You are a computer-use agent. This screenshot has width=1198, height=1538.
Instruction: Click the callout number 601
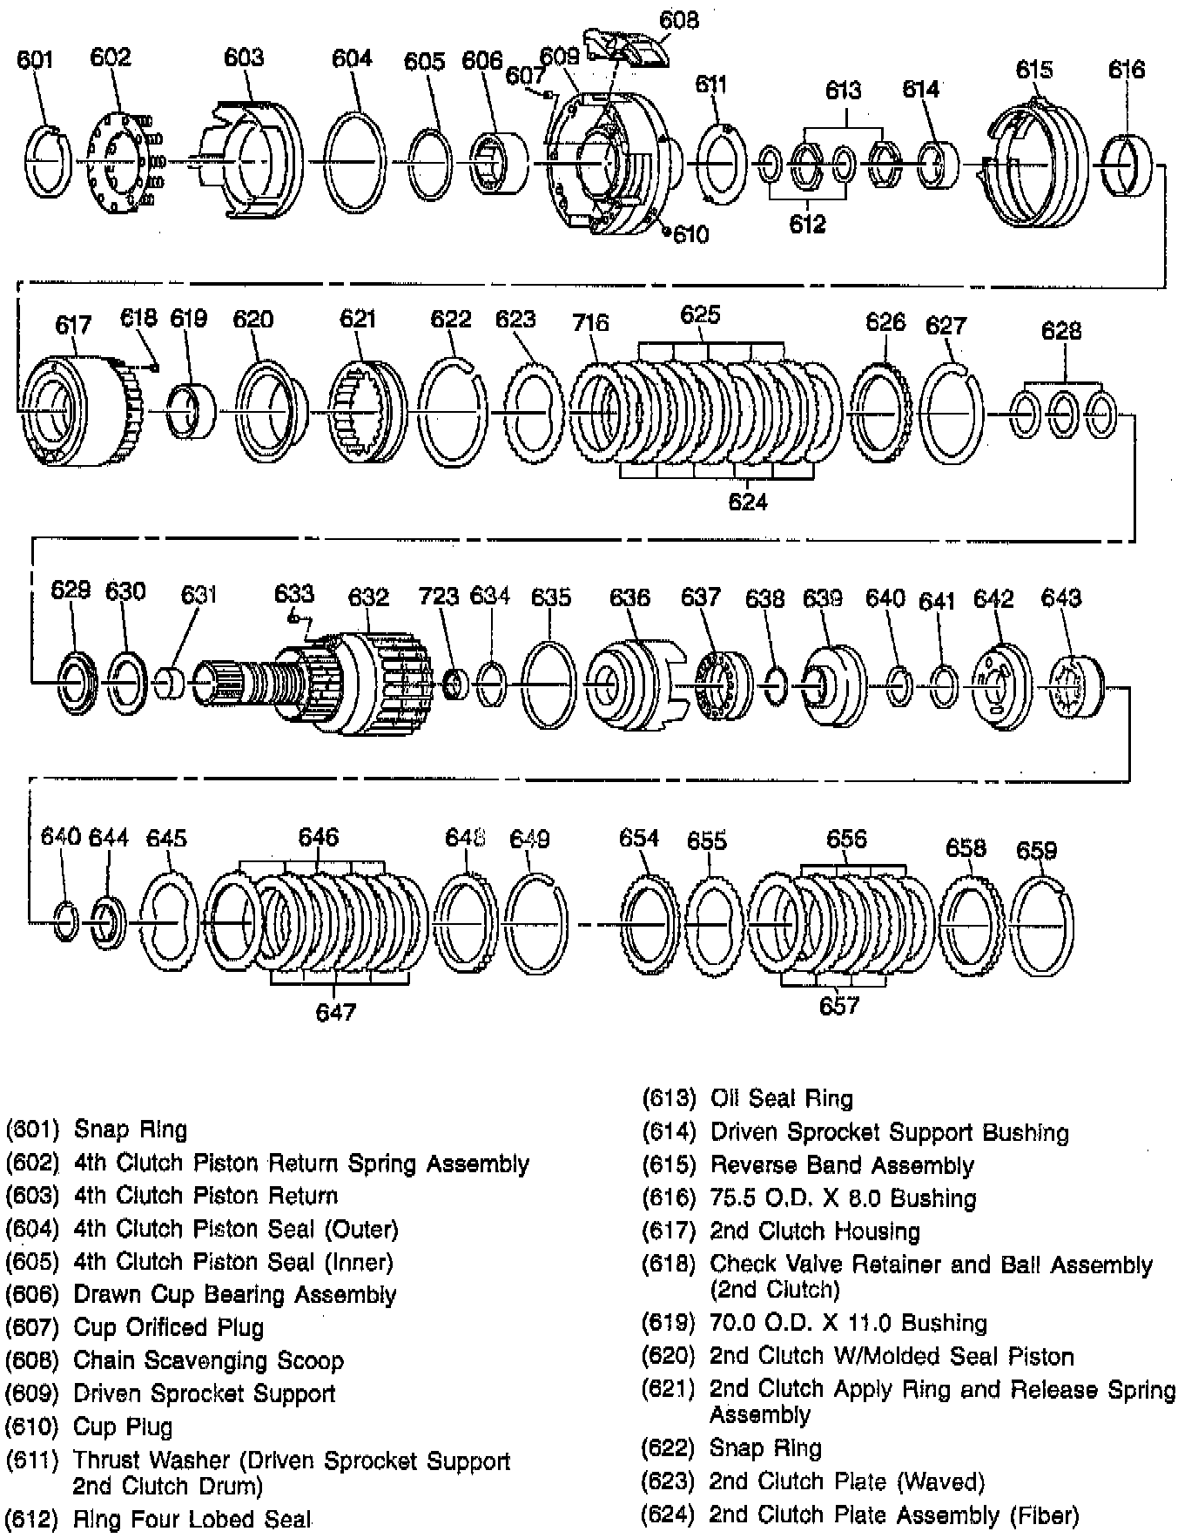pos(36,59)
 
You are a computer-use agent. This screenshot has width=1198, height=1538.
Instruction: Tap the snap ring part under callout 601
pos(50,162)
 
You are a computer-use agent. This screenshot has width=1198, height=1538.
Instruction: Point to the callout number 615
pos(1033,70)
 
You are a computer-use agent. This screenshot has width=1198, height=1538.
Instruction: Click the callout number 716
pos(590,323)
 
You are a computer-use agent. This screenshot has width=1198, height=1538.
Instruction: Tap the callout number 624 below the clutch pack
pos(748,502)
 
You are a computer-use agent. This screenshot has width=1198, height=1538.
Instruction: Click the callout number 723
pos(438,597)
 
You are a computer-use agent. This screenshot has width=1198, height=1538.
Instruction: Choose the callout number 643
pos(1060,598)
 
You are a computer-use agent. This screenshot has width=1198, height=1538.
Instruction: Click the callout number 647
pos(336,1012)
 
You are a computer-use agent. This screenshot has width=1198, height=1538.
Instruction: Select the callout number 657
pos(839,1007)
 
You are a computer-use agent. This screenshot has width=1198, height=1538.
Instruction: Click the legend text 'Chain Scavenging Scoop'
pos(208,1360)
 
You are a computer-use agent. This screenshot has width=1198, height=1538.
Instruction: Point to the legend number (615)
pos(669,1165)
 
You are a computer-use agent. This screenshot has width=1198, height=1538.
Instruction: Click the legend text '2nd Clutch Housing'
pos(815,1231)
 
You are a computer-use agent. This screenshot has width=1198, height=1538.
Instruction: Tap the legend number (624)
pos(668,1515)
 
